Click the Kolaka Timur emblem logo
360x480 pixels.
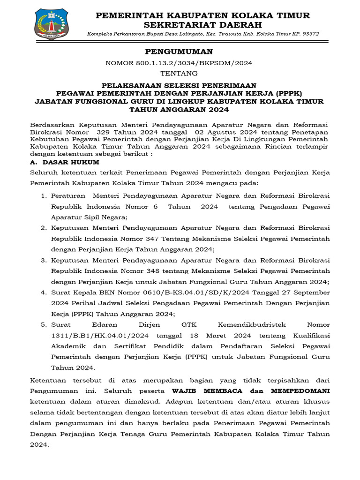click(x=51, y=23)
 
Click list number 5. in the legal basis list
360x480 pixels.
click(x=43, y=324)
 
